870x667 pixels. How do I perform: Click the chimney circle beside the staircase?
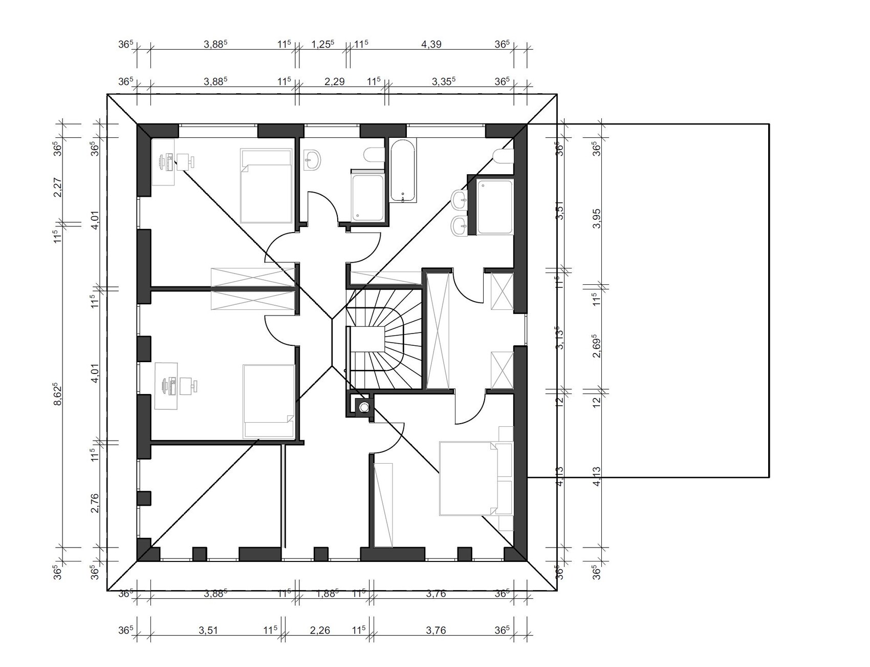[x=364, y=407]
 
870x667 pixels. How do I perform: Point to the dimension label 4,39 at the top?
[x=431, y=44]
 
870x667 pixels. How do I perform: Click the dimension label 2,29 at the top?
[x=335, y=81]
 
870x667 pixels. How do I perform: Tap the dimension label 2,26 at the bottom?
[x=320, y=630]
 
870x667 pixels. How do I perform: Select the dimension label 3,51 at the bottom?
[x=208, y=630]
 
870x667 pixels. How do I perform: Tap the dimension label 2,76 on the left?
[x=95, y=503]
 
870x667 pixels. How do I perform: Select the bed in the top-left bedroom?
[x=266, y=186]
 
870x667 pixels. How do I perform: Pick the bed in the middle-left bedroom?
[x=269, y=401]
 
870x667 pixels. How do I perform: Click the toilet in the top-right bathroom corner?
[x=503, y=155]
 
